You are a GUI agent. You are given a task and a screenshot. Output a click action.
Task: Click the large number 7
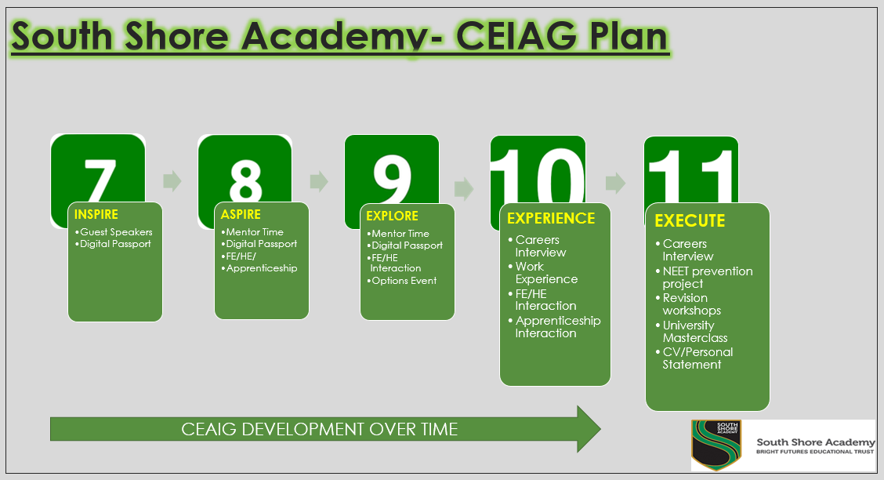[100, 180]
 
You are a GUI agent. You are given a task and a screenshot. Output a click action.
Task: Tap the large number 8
[246, 180]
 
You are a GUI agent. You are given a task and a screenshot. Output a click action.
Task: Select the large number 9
[392, 180]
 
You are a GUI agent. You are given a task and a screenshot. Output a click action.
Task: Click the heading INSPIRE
[96, 214]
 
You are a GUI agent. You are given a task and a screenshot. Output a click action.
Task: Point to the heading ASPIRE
[241, 214]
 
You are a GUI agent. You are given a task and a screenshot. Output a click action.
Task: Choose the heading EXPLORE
[392, 216]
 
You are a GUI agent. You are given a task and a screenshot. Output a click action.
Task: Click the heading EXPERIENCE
[551, 218]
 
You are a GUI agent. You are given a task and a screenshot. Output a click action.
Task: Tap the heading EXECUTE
[690, 220]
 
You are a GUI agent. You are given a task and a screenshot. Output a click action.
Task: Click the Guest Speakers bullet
[114, 232]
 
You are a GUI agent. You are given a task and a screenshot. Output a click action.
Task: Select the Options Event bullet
[402, 280]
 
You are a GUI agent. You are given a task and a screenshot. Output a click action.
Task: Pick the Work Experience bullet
[542, 272]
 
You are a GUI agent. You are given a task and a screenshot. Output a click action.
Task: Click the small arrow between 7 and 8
[172, 181]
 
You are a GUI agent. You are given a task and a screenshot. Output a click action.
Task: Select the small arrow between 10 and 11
[616, 183]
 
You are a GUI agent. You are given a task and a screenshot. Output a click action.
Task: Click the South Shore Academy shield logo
[716, 445]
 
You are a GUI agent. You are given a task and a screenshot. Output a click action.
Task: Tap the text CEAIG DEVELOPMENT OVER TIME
[319, 429]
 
